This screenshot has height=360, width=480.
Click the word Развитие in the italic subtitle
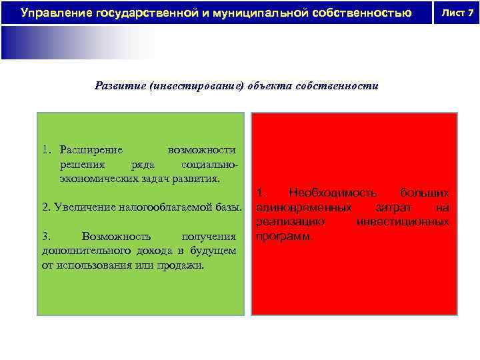(x=121, y=86)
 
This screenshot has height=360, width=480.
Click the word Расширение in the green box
(x=90, y=149)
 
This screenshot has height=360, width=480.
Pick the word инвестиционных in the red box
(x=403, y=222)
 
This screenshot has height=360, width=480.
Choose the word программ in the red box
(x=283, y=237)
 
